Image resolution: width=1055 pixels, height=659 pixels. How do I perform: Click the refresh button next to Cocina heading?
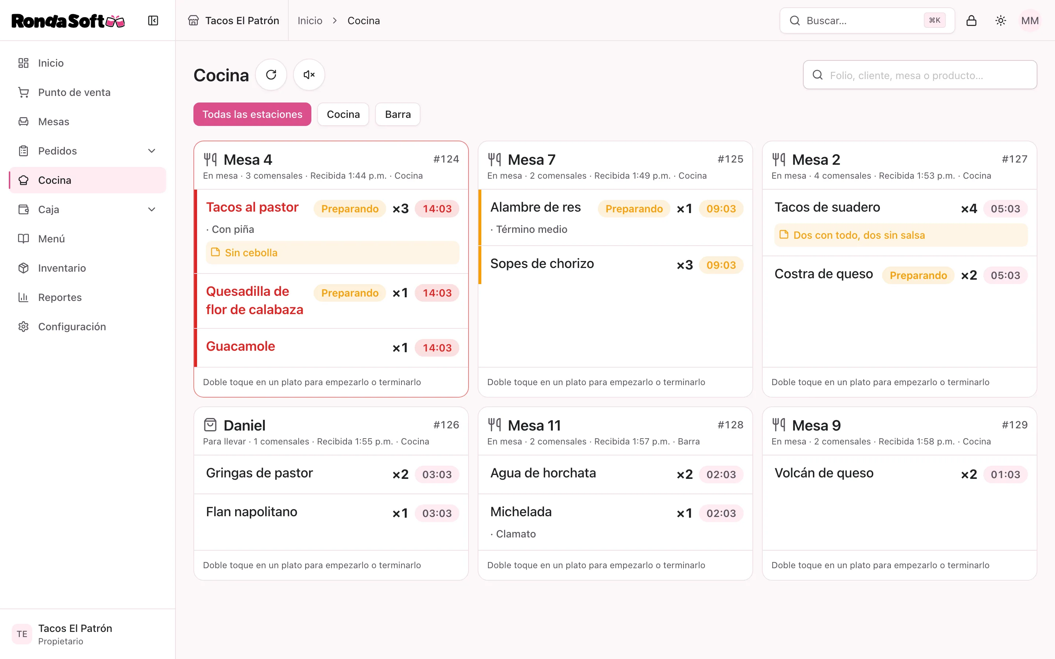[x=271, y=75]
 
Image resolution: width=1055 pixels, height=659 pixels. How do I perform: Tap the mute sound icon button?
[x=309, y=75]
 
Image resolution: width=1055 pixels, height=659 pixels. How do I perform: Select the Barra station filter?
[x=397, y=114]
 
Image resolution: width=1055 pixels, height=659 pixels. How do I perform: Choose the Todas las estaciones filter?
[x=252, y=114]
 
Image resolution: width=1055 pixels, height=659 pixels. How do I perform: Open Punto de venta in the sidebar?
[x=74, y=92]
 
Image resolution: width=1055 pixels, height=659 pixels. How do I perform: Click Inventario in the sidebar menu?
[x=62, y=268]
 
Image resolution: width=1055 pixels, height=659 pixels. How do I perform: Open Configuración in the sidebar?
[x=72, y=327]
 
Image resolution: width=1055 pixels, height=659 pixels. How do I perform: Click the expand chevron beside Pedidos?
[x=152, y=151]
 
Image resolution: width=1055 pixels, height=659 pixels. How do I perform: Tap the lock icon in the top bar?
[x=971, y=21]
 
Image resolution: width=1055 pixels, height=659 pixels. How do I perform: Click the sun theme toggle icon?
[x=1000, y=21]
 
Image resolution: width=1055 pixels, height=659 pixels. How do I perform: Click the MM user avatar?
[x=1030, y=21]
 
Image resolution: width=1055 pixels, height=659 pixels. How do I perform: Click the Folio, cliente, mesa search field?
[x=920, y=75]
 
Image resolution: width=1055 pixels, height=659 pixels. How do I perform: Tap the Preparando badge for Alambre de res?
[x=634, y=209]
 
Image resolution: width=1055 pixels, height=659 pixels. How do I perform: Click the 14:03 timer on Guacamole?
[x=437, y=348]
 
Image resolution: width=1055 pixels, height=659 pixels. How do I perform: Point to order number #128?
[x=730, y=425]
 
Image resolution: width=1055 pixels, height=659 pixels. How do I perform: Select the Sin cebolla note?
[x=251, y=253]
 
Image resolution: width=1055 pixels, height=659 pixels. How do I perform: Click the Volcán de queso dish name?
[x=824, y=473]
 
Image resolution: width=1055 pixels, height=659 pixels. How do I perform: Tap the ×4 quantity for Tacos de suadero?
[x=969, y=209]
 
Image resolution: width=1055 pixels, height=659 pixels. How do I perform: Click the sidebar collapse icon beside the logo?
[x=153, y=21]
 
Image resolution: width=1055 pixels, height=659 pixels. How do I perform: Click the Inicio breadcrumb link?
[x=310, y=21]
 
